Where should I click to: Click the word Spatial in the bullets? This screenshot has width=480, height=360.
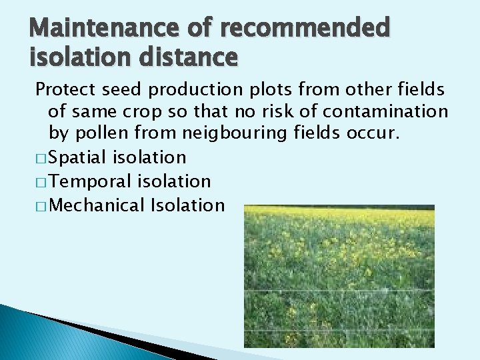78,157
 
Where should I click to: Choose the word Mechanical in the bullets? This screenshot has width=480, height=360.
97,205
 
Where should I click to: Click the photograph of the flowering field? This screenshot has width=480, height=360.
339,276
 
